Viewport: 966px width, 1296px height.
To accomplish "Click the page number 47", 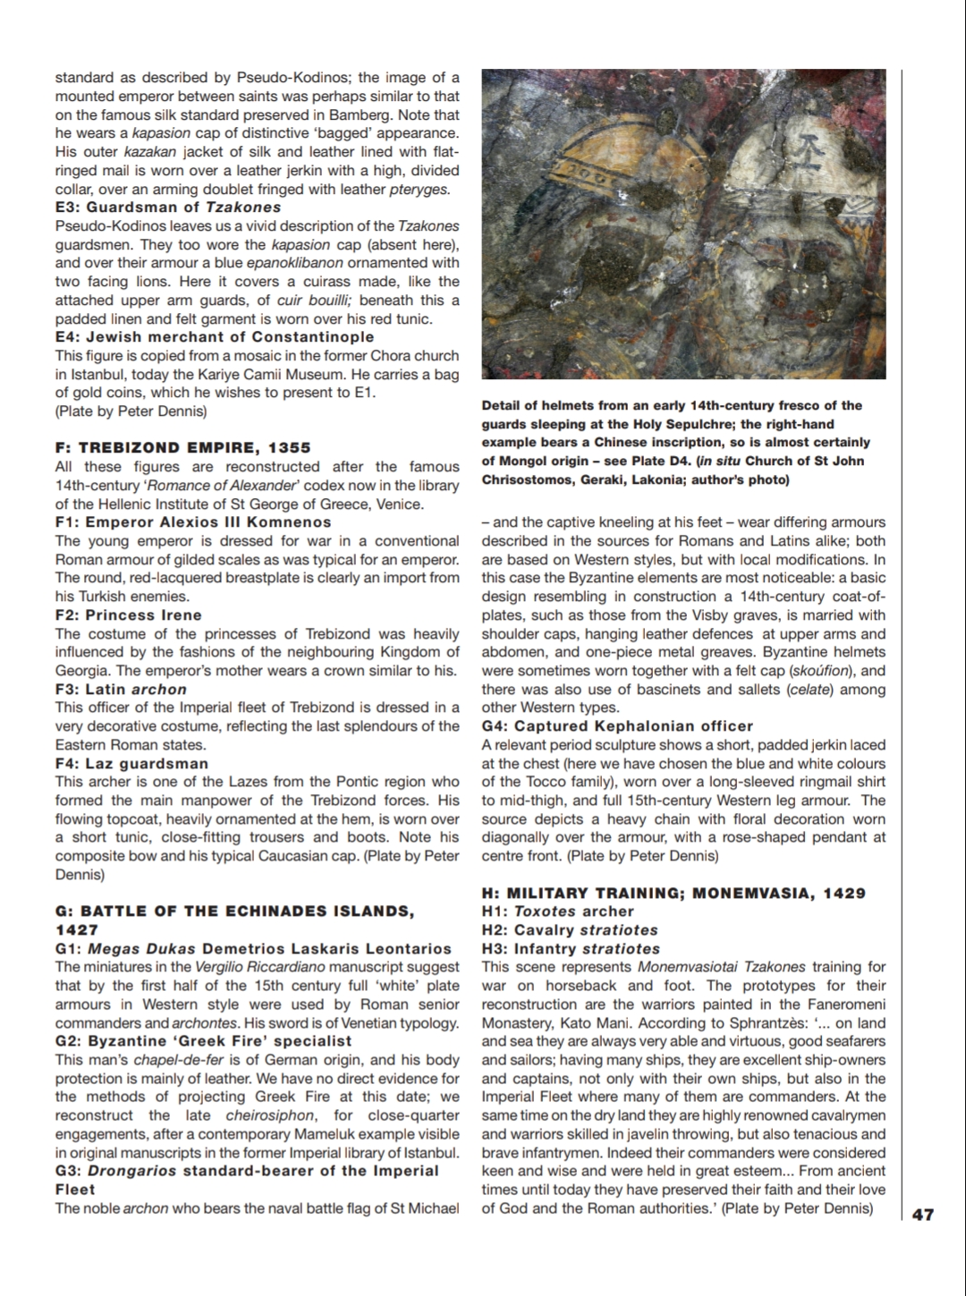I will click(923, 1215).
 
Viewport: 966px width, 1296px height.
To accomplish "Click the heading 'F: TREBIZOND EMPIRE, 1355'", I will click(182, 448).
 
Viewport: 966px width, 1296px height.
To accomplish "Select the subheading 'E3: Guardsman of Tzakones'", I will click(168, 208).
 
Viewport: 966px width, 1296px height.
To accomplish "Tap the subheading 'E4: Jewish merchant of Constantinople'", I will click(215, 337).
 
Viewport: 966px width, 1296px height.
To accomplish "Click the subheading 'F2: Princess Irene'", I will click(129, 615).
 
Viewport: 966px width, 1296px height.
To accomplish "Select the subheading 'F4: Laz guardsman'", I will click(131, 764).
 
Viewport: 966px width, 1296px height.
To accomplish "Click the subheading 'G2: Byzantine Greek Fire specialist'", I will click(203, 1041).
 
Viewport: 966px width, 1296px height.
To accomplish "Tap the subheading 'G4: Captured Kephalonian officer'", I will click(617, 726).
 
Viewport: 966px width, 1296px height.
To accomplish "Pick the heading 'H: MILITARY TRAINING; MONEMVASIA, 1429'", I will click(674, 894).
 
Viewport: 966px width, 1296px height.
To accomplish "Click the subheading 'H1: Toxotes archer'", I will click(557, 911).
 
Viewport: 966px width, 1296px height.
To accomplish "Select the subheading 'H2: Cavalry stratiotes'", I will click(570, 930).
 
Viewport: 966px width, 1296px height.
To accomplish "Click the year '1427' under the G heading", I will click(77, 930).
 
